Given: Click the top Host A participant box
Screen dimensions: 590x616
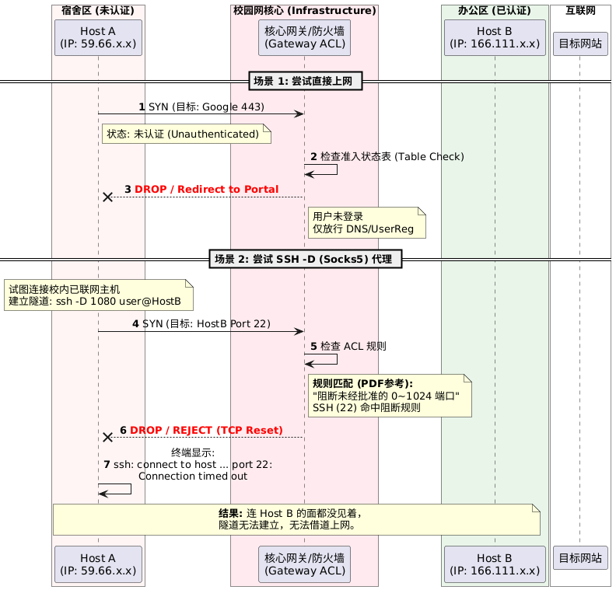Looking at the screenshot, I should coord(98,37).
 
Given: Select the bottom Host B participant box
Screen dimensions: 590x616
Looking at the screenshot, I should coord(494,564).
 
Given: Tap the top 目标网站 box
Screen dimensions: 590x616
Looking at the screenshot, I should coord(579,44).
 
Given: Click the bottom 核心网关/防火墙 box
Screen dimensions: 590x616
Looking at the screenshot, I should coord(304,564).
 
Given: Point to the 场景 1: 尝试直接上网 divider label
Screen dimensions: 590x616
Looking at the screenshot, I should coord(307,82).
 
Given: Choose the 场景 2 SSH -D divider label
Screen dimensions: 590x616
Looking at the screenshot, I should coord(307,259).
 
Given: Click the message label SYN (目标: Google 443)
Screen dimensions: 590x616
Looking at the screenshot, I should coord(201,106).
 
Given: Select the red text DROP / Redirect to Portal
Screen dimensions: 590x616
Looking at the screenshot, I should coord(206,190).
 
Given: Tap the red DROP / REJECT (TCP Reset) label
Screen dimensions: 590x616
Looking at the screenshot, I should coord(206,430).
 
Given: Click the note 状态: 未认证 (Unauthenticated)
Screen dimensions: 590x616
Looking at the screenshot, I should coord(187,134).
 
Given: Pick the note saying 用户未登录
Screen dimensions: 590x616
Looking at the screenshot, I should coord(366,222).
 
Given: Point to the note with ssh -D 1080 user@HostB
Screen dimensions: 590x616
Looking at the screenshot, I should coord(98,295).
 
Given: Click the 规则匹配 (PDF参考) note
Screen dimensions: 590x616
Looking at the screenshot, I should coord(390,395).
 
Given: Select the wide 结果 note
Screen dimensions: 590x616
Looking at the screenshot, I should coord(296,518).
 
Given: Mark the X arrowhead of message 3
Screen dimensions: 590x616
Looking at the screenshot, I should coord(107,197).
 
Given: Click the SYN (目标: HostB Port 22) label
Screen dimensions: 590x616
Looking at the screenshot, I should coord(201,323).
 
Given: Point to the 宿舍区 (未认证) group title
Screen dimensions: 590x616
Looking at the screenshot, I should coord(98,10).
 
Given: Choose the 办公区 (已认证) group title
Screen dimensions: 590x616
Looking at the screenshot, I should coord(494,10).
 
